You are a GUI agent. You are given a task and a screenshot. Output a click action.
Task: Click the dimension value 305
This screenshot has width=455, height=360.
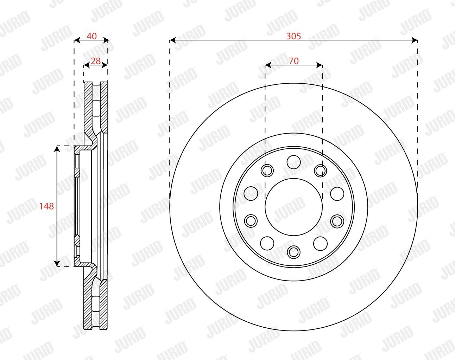pos(293,36)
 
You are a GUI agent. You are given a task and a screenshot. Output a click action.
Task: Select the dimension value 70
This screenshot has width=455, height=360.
pos(294,61)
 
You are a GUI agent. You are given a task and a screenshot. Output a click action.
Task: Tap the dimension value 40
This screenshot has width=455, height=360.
pos(91,36)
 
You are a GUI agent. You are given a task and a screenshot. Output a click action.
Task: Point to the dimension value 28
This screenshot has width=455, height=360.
pos(96,61)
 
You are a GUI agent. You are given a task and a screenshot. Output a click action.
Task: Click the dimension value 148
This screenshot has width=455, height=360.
pos(47,206)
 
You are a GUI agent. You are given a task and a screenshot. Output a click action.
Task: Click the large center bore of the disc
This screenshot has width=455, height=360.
pos(294,207)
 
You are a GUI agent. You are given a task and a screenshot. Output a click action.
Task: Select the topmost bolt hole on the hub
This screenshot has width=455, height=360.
pos(294,162)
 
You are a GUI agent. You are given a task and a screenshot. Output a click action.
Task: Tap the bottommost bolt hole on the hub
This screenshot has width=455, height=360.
pos(294,252)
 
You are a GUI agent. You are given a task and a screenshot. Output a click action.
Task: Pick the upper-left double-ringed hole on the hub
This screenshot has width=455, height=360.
pos(267,170)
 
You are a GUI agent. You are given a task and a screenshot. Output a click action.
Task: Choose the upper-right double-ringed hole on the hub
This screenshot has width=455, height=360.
pos(320,171)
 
